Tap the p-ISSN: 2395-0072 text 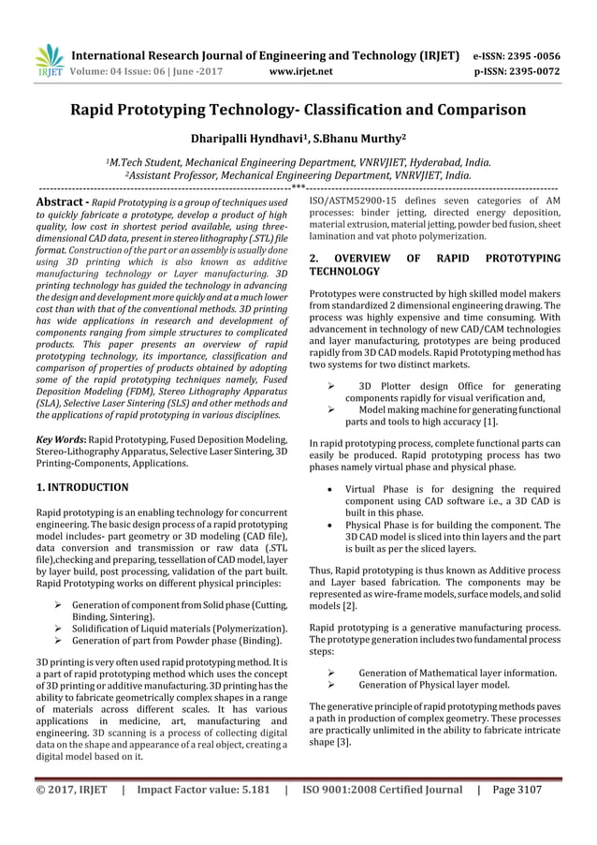click(515, 69)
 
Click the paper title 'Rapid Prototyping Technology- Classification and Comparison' click(298, 111)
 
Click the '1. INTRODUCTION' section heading click(82, 487)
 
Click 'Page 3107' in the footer click(517, 790)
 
